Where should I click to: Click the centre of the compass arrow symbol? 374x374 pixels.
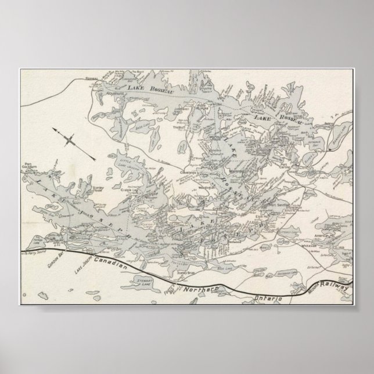coord(69,139)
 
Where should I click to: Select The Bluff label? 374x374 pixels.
coord(178,128)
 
